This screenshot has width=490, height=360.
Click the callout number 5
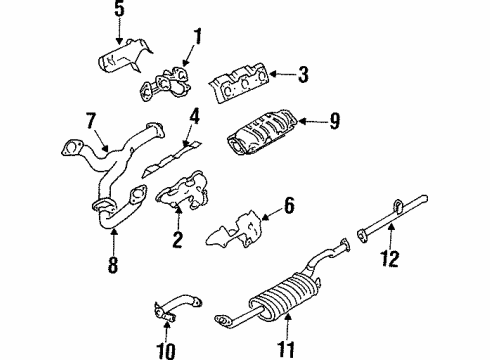point(119,8)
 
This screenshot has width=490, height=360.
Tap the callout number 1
point(198,37)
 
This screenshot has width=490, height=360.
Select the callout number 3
point(303,74)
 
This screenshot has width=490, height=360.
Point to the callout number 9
point(335,121)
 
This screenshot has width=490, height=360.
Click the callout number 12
point(390,258)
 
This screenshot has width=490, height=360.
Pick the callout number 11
point(286,349)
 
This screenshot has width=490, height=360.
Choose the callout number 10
point(166,351)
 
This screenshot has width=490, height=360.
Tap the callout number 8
point(113,265)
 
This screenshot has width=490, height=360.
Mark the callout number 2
point(177,240)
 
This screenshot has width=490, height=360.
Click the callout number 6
point(289,205)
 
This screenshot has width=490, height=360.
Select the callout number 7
point(91,121)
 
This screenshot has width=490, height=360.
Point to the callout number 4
point(194,117)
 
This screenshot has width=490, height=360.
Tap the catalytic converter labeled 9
point(263,132)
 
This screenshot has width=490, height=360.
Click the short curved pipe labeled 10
point(178,307)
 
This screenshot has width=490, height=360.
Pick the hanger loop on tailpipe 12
point(398,205)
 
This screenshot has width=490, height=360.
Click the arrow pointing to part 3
point(282,74)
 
